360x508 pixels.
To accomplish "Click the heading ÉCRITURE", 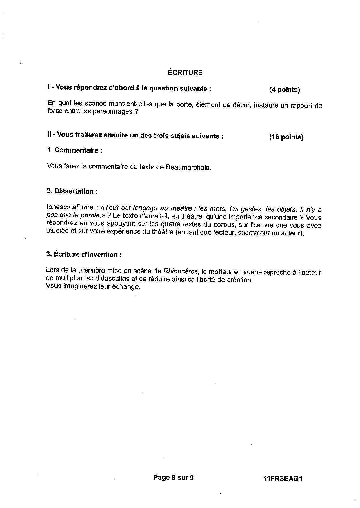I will click(x=185, y=72).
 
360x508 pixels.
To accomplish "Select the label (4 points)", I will click(x=285, y=90).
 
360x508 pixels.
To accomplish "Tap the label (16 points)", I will click(x=286, y=137).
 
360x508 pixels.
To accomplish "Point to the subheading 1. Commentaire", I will click(x=74, y=150).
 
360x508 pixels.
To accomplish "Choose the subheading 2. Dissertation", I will click(x=72, y=191).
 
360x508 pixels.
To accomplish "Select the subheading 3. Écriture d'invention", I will click(x=84, y=255).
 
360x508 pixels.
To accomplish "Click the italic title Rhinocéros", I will click(x=181, y=271).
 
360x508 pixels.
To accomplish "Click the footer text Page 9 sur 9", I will click(x=173, y=478).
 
